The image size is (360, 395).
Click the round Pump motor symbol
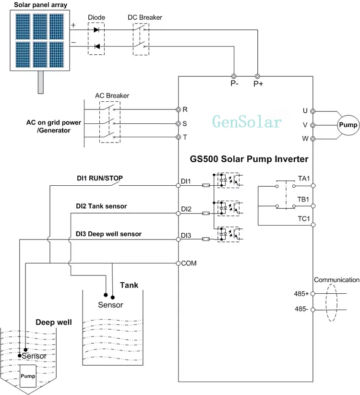[348, 125]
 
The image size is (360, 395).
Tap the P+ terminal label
[259, 84]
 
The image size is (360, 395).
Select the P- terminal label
[234, 84]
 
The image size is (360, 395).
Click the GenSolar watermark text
[247, 122]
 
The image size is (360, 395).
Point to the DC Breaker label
[144, 18]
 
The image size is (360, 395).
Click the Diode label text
[96, 18]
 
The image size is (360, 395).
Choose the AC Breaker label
[112, 96]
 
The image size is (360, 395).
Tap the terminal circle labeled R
[178, 109]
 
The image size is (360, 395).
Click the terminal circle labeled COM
[178, 263]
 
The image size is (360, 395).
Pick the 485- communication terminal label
[301, 309]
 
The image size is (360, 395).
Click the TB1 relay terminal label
[303, 199]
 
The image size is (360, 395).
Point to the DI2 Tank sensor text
[101, 206]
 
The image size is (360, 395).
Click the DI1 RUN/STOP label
[100, 178]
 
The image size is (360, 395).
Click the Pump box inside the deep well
[27, 376]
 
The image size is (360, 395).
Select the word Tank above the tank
[129, 285]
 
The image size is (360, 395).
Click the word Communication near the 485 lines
[336, 280]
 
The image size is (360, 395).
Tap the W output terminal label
[305, 139]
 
